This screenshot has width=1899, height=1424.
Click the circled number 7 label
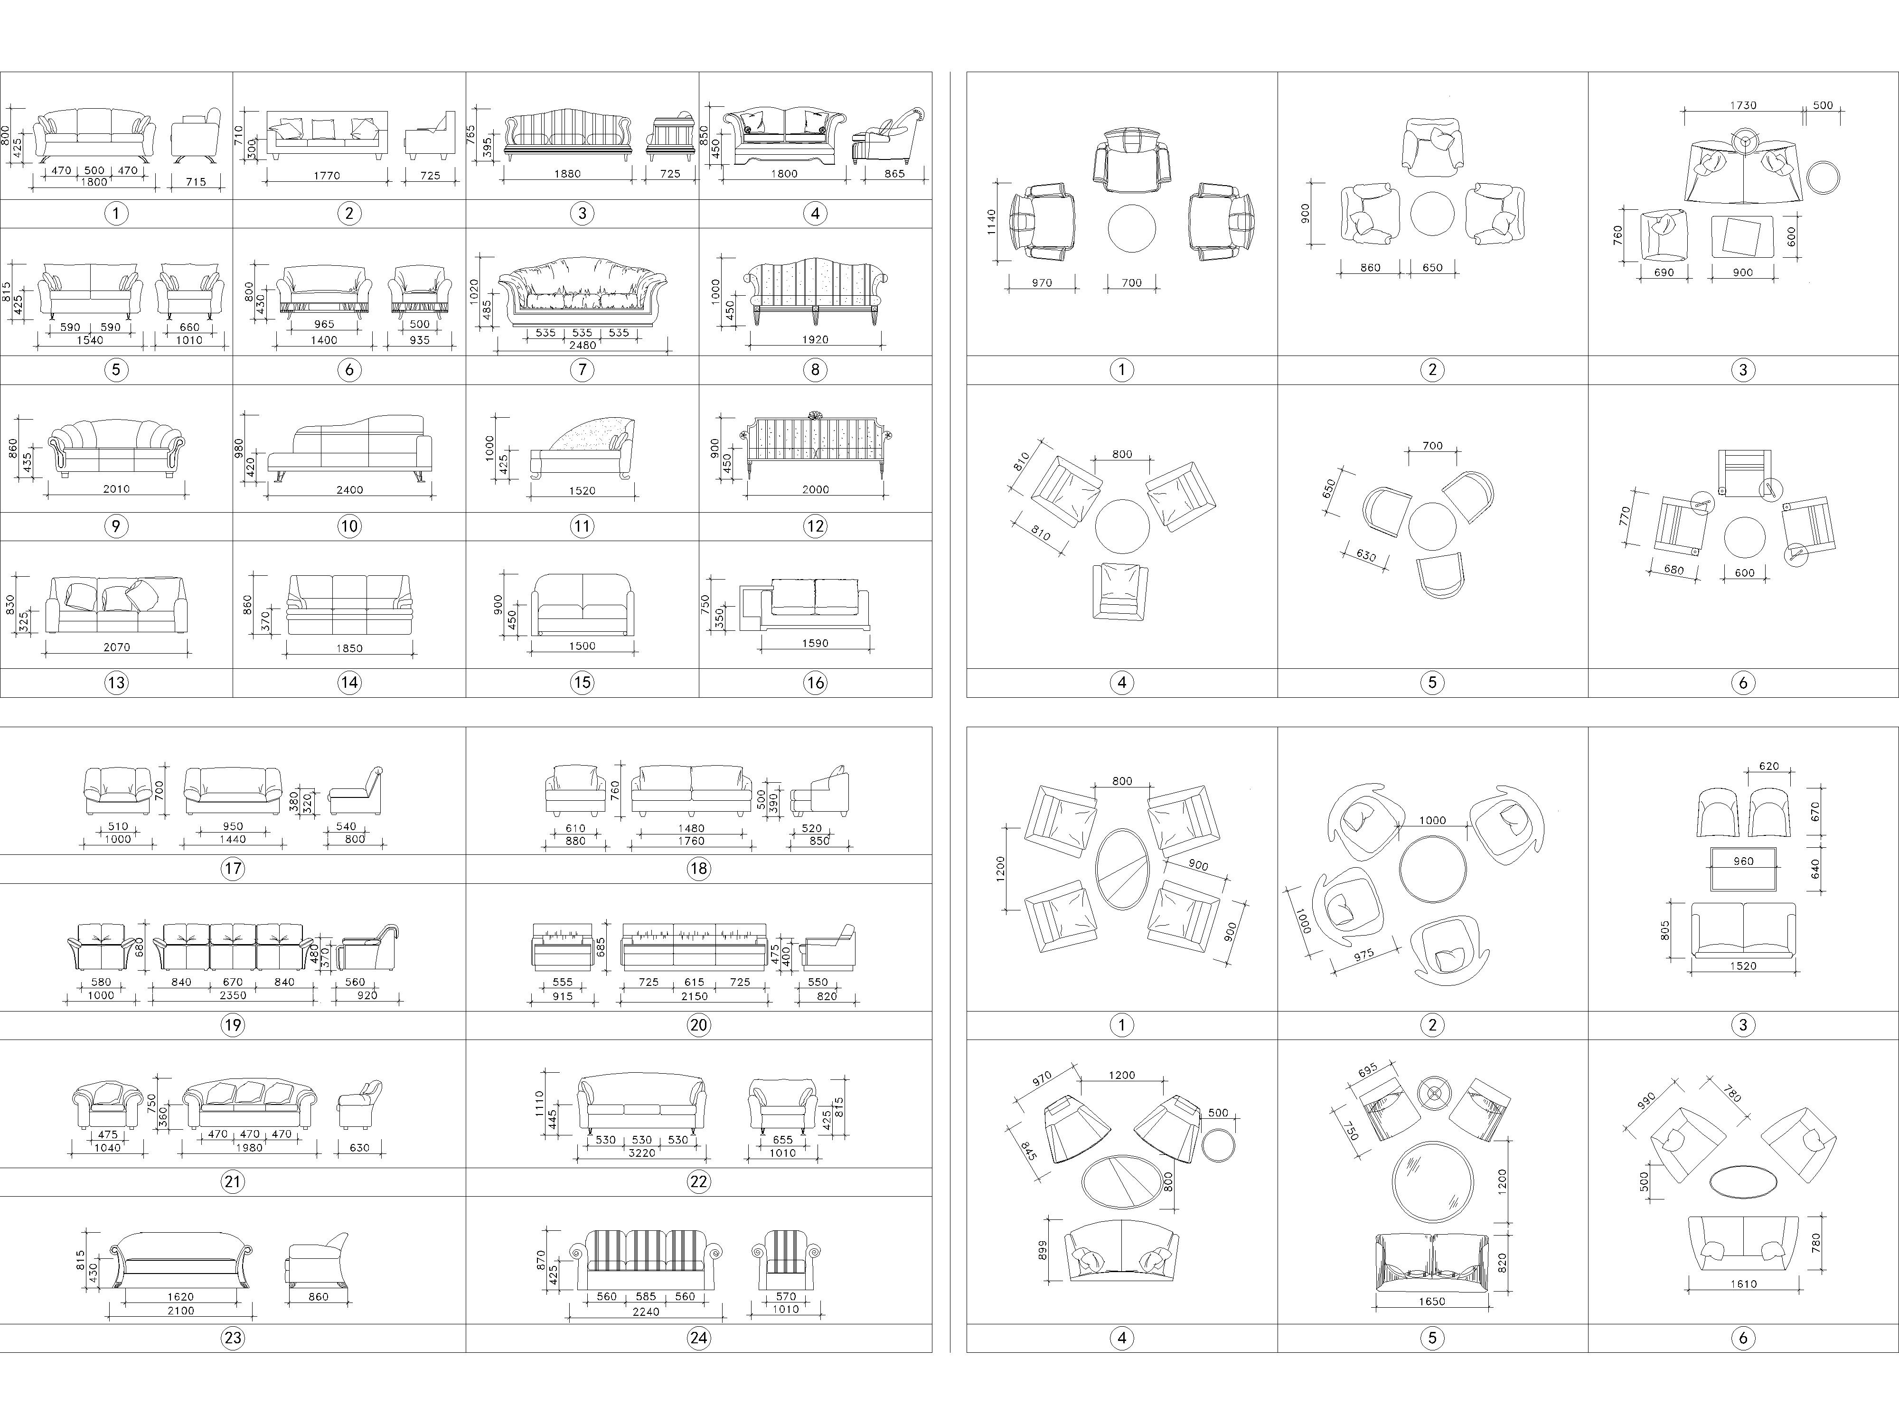[x=582, y=370]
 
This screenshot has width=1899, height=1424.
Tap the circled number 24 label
[x=699, y=1337]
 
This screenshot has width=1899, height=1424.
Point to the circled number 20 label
[x=699, y=1025]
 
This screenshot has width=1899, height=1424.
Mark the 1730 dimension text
[x=1743, y=105]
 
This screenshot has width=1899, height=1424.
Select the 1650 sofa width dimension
[x=1432, y=1301]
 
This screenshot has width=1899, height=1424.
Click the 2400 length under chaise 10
[x=349, y=490]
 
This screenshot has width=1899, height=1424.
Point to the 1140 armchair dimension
[x=992, y=222]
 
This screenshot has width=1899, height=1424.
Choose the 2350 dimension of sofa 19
[x=233, y=996]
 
